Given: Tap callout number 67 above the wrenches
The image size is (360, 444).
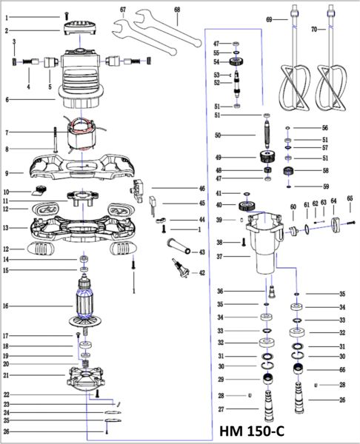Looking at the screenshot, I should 123,10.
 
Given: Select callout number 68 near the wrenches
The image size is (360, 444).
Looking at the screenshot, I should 177,10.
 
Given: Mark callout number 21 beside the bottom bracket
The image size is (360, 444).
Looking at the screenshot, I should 6,375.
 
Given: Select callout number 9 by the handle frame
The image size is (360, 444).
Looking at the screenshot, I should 6,172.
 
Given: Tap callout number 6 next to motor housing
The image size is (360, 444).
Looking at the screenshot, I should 6,99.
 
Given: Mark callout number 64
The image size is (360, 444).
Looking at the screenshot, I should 333,201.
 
